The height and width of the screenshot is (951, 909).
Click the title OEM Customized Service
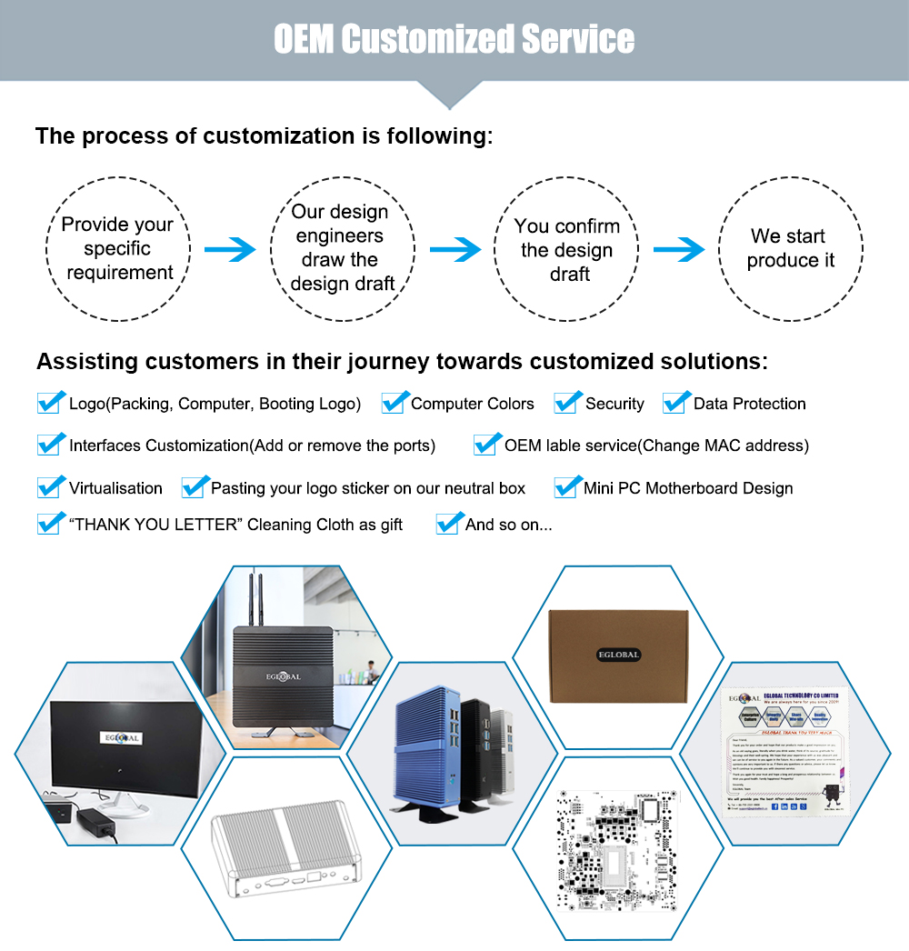pyautogui.click(x=454, y=39)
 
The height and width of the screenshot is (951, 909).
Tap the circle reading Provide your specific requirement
pyautogui.click(x=118, y=248)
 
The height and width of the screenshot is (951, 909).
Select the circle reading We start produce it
pyautogui.click(x=791, y=248)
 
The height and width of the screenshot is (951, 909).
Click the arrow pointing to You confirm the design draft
pyautogui.click(x=454, y=248)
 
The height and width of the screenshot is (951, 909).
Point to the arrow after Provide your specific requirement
pyautogui.click(x=229, y=248)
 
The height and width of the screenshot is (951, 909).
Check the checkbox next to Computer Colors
pyautogui.click(x=393, y=403)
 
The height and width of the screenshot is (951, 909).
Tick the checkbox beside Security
pyautogui.click(x=567, y=403)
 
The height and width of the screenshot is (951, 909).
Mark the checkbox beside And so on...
pyautogui.click(x=448, y=524)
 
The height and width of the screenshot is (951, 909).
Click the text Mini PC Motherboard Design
pyautogui.click(x=688, y=488)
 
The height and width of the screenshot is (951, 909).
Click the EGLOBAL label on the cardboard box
pyautogui.click(x=617, y=655)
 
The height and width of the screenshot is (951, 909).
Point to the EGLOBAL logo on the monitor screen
pyautogui.click(x=122, y=737)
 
